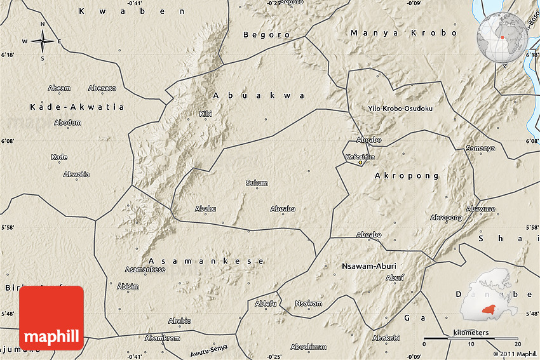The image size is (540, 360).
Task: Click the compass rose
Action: coord(43,41)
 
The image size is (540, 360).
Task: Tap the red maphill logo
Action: coord(51,317)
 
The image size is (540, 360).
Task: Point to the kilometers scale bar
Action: coord(471,338)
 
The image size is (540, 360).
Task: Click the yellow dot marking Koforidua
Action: coord(360,163)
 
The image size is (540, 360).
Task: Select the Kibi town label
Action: coord(205,114)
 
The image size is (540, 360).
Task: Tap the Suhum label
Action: coord(257,183)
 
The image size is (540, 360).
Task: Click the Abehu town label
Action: coord(205,209)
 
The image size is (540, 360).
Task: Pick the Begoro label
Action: coord(266,34)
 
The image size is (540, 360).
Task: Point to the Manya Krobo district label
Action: coord(403,32)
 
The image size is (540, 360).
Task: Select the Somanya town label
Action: coord(480,148)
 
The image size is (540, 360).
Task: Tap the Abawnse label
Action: coord(480,208)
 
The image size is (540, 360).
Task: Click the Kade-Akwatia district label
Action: coord(77,107)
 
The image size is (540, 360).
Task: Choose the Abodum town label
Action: coord(67,122)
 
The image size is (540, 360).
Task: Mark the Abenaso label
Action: coord(102,88)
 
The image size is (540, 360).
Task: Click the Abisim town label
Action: coord(128,286)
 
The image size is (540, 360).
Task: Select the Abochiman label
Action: coord(308,347)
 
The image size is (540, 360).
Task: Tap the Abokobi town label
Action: coord(386,337)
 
